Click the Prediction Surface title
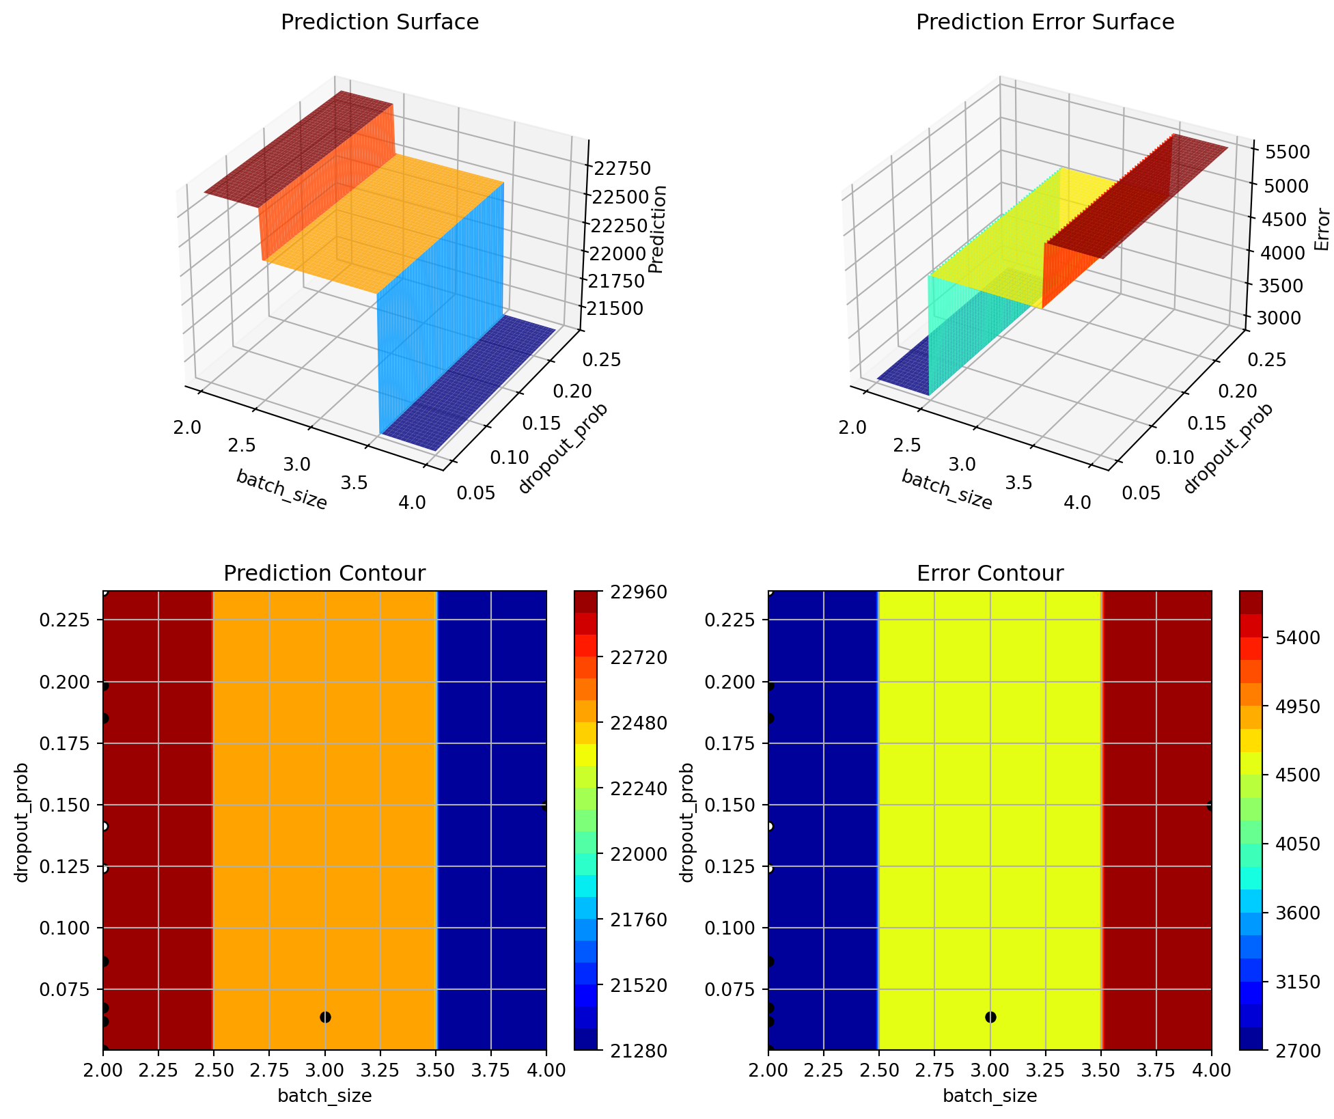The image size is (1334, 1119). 380,23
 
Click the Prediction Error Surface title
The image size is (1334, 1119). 1045,23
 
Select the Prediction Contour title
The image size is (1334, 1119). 324,573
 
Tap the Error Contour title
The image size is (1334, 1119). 990,573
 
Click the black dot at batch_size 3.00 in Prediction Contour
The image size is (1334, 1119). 325,1017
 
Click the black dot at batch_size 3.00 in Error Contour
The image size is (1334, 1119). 990,1017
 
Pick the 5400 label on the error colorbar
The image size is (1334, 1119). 1292,637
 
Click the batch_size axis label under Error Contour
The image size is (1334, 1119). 990,1096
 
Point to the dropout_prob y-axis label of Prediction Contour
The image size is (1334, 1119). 23,823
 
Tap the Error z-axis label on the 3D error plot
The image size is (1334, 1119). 1322,230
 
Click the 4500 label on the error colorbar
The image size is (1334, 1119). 1292,775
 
